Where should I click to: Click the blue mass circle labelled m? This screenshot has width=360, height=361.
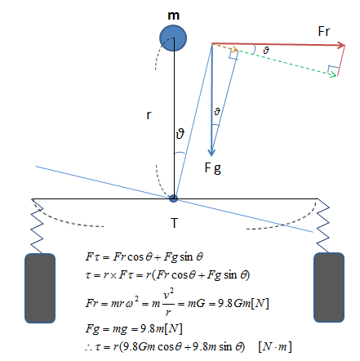point(173,38)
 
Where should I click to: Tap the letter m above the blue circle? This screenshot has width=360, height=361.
point(173,16)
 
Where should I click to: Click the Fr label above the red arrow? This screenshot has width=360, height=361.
point(324,31)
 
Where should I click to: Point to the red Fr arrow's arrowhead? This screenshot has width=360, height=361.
point(341,45)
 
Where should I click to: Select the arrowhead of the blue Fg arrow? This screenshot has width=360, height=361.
point(211,152)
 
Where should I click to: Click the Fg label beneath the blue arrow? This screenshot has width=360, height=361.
point(213,168)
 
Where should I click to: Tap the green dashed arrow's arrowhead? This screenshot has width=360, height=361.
point(333,74)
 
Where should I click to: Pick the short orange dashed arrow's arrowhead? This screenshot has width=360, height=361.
point(235,50)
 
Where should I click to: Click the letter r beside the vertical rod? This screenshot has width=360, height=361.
point(149,115)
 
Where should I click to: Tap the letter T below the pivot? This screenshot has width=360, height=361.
point(174,223)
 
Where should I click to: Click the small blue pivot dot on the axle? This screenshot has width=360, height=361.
point(173,198)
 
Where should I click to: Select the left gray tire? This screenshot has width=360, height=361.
point(40,288)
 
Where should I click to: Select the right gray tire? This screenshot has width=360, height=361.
point(329,287)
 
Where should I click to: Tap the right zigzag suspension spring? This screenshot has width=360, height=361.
point(322,225)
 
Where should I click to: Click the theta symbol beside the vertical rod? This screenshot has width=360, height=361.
point(180,134)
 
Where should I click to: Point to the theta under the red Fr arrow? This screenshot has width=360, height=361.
point(266,50)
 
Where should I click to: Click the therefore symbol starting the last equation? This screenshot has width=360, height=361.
point(88,348)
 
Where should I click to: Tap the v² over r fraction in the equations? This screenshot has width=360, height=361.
point(168,302)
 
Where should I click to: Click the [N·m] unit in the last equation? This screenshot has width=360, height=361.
point(275,346)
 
